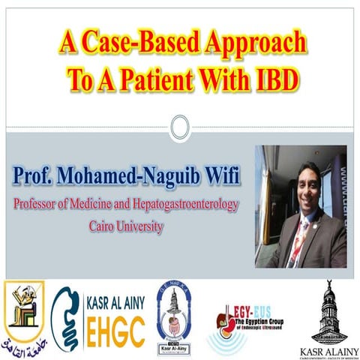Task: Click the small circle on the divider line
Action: click(179, 127)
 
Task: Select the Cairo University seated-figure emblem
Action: click(24, 307)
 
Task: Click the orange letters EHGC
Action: click(110, 333)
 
